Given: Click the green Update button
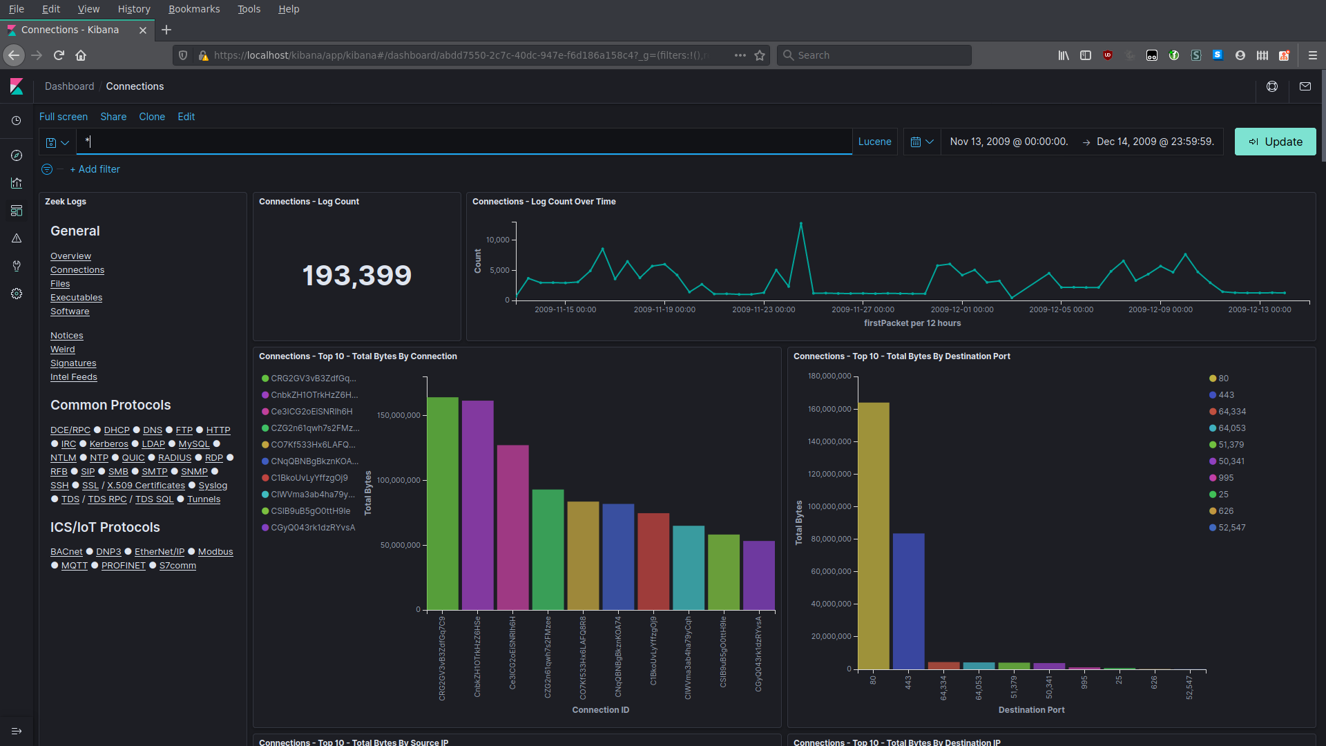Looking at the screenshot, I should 1275,142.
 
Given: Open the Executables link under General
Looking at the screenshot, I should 76,298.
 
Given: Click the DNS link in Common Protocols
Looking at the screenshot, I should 153,430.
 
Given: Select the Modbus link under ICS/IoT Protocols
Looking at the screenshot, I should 215,551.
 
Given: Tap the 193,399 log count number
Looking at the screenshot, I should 356,276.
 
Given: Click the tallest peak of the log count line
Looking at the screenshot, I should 800,224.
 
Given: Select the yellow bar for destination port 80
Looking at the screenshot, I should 873,535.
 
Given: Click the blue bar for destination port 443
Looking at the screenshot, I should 908,601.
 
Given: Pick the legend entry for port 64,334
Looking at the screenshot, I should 1231,412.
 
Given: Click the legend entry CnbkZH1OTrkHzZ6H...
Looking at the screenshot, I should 314,395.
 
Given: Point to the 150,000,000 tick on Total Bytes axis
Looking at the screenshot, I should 398,415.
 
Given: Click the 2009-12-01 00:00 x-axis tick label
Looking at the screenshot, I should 961,309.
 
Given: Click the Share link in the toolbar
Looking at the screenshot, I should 113,117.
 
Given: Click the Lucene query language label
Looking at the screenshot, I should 874,142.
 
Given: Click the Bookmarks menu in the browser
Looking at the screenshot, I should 194,9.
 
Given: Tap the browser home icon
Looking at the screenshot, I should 81,55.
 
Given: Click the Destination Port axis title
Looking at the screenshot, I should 1031,710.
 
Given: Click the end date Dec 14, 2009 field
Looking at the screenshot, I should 1155,142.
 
